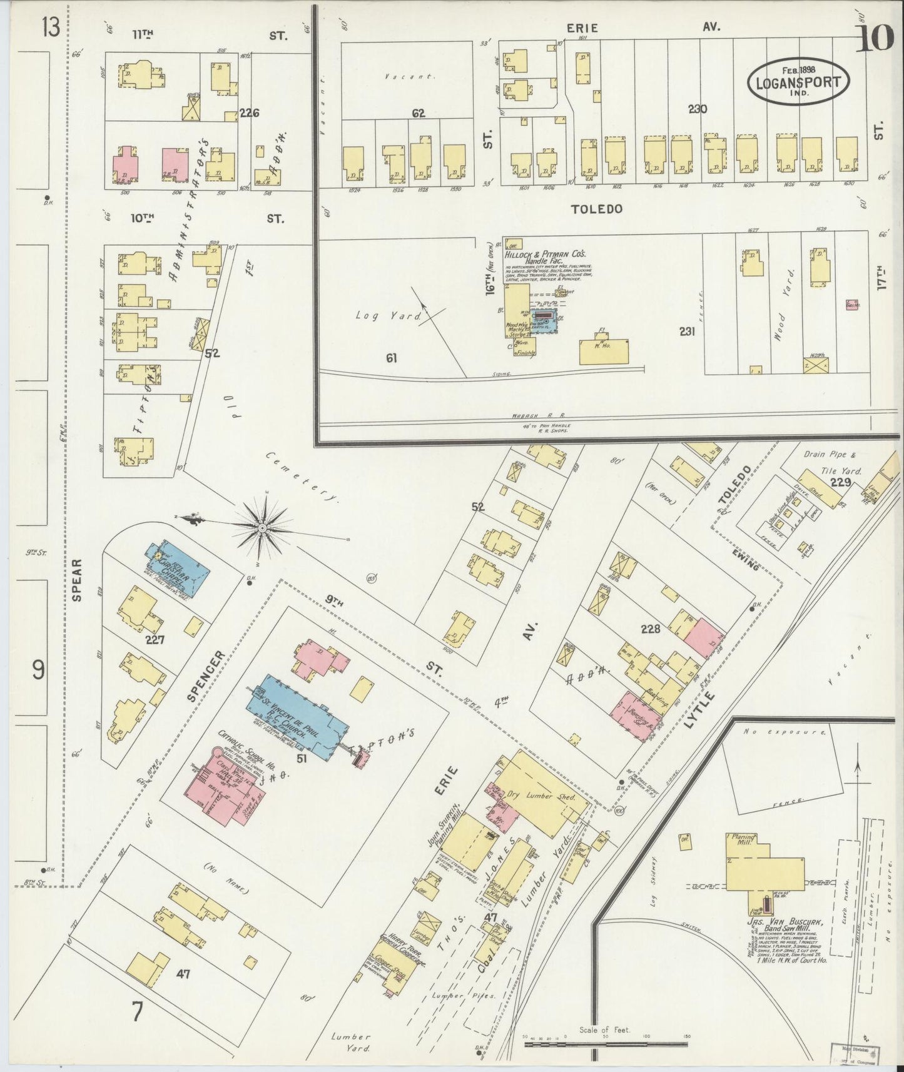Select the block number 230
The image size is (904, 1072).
pos(697,109)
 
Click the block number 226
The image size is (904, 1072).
pos(249,113)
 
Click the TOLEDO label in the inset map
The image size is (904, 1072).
pos(596,209)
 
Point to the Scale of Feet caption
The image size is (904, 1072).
pos(604,1029)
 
